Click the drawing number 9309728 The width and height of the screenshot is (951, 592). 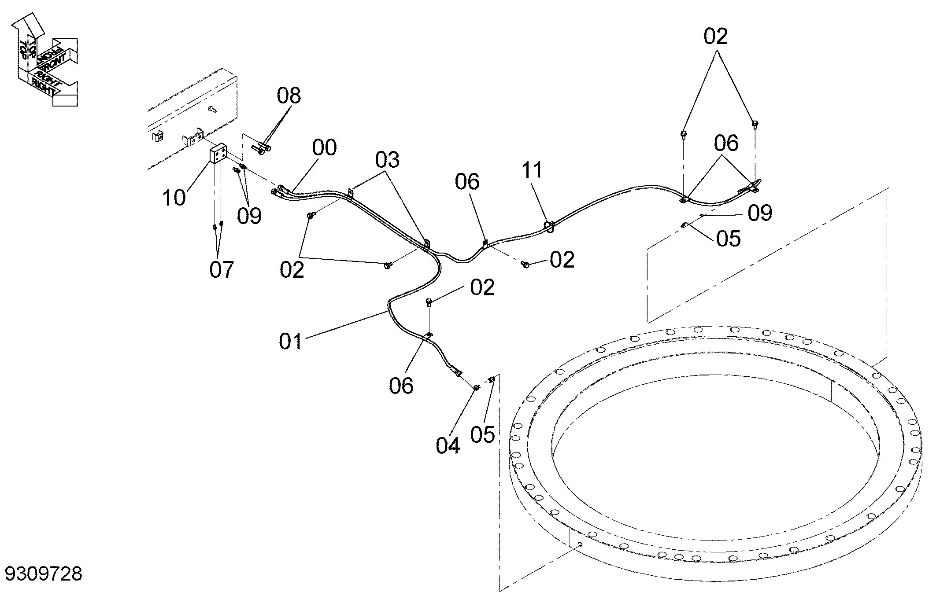tap(43, 574)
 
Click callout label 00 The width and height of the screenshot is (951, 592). tap(324, 147)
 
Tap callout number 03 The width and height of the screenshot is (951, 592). tap(387, 160)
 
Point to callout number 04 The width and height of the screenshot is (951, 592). tap(448, 445)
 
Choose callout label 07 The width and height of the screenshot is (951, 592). tap(222, 269)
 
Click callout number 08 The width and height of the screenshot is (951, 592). tap(289, 95)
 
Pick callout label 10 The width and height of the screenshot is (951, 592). tap(174, 198)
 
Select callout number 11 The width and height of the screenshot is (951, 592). tap(532, 170)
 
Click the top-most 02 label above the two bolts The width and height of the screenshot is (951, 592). tap(715, 37)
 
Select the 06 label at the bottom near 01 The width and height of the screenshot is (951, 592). tap(401, 386)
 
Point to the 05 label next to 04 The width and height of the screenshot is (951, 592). tap(482, 435)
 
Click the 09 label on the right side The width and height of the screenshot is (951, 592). tap(760, 213)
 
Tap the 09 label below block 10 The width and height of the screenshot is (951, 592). tap(249, 216)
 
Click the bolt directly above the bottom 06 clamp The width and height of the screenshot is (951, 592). tap(429, 302)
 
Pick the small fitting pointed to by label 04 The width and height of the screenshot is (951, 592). tap(476, 387)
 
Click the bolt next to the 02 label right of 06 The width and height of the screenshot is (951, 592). tap(525, 264)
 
